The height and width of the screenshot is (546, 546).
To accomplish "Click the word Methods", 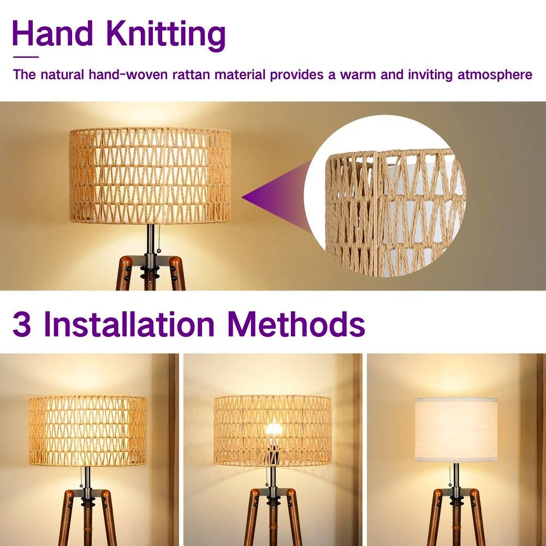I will [x=296, y=324].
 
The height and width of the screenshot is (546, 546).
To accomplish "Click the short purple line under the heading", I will [x=26, y=56].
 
